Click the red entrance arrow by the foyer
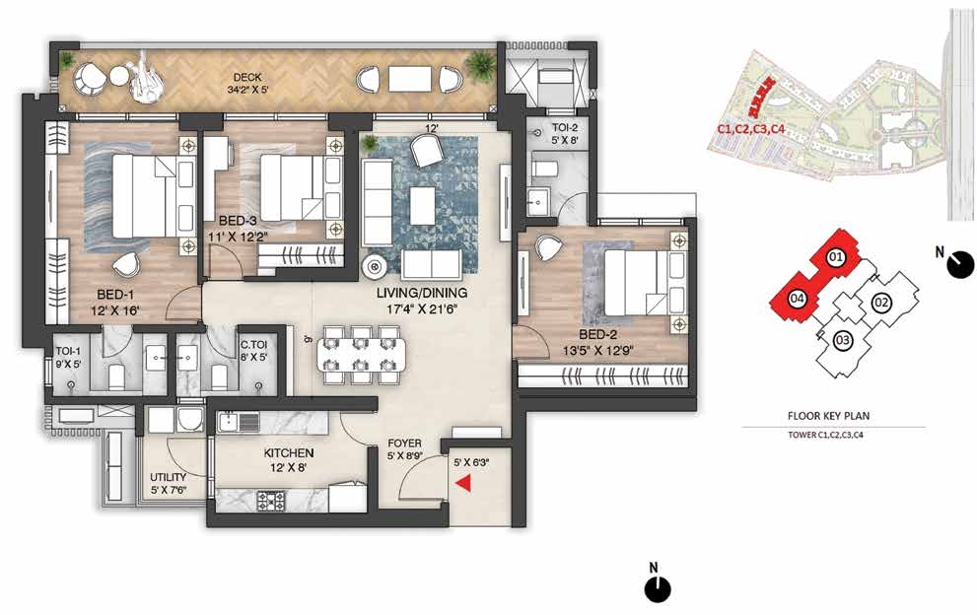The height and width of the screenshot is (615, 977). (x=463, y=484)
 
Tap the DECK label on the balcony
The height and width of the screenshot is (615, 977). (x=247, y=77)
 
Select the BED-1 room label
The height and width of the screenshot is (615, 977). (x=115, y=295)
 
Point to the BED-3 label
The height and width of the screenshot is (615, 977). (x=238, y=221)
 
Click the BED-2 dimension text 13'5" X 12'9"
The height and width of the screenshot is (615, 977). (x=597, y=350)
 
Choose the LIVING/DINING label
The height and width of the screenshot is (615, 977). (x=422, y=293)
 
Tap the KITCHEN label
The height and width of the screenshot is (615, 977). (x=289, y=453)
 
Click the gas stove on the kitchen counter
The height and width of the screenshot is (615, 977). (x=270, y=501)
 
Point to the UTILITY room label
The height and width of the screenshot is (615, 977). (x=169, y=477)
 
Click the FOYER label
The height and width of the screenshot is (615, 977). (x=404, y=444)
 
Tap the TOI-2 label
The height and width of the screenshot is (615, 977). (x=565, y=128)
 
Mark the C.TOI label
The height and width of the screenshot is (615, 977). (x=253, y=345)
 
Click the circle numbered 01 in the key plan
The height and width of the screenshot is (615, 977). (x=836, y=256)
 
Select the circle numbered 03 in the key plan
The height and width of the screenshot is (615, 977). (x=842, y=340)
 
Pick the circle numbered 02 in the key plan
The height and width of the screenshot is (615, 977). (x=881, y=303)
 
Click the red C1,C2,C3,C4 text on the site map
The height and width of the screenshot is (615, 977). (x=750, y=130)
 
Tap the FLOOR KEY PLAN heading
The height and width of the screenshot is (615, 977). (x=829, y=416)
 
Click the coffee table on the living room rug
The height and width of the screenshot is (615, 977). (x=423, y=206)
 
